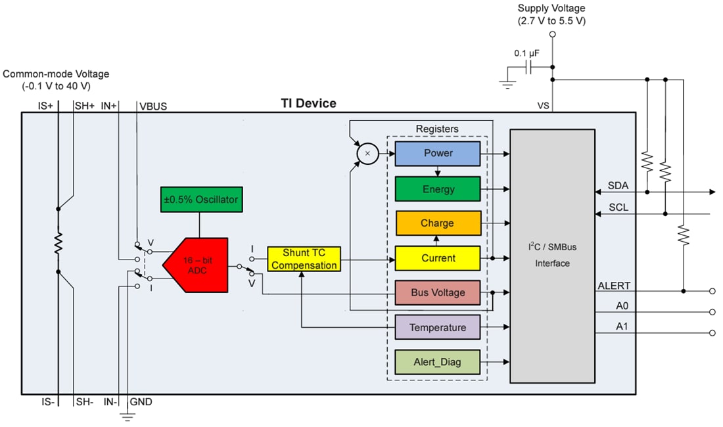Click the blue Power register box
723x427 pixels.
tap(437, 153)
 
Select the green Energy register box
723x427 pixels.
tap(437, 189)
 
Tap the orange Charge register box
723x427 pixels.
tap(437, 223)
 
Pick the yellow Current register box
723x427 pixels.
tap(437, 258)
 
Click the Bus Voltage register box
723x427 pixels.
tap(437, 293)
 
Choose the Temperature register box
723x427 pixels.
tap(437, 328)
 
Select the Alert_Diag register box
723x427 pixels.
tap(437, 362)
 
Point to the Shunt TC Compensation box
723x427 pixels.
tap(304, 259)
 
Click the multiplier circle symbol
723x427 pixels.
tap(367, 153)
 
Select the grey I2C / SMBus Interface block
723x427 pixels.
tap(552, 256)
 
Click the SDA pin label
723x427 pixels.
tap(618, 186)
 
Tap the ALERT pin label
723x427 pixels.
tap(614, 286)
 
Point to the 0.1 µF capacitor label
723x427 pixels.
tap(526, 53)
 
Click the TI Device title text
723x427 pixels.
tap(308, 103)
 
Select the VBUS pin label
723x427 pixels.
tap(152, 106)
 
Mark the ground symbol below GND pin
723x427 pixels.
tap(127, 416)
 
